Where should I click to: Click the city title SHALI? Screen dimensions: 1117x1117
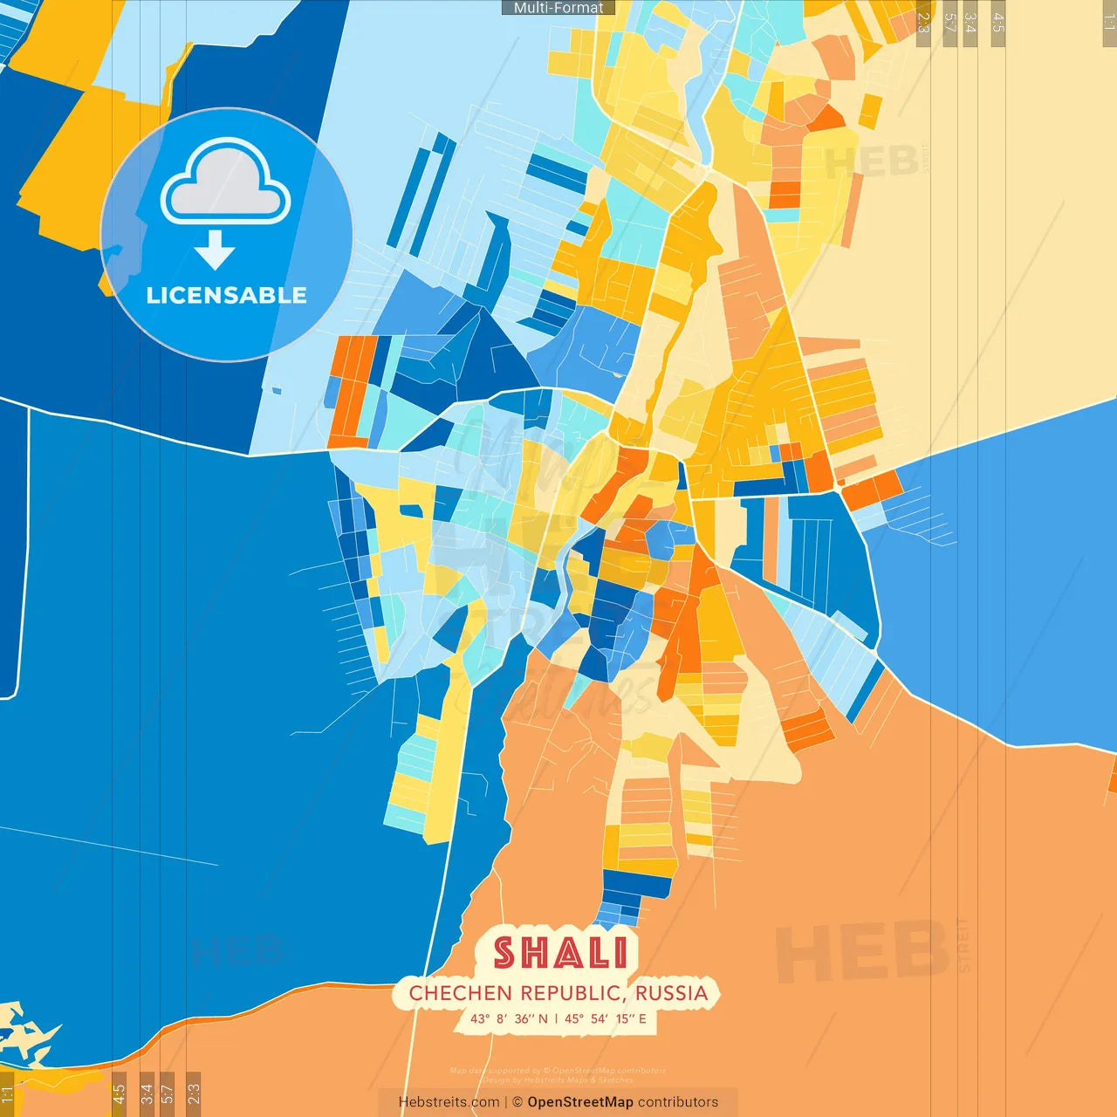click(x=559, y=953)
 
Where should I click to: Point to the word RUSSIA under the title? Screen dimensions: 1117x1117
click(x=671, y=993)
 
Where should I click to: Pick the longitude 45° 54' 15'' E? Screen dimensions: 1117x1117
click(x=606, y=1018)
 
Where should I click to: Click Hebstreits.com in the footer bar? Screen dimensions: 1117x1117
click(x=449, y=1102)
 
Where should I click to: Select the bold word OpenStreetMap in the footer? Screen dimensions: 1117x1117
click(x=580, y=1102)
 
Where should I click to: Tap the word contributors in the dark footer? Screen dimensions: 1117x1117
click(x=678, y=1102)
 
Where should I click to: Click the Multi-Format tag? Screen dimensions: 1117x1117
click(x=558, y=8)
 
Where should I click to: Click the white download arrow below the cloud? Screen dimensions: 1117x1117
click(x=215, y=250)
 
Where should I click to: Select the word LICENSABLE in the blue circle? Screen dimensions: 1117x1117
click(x=226, y=295)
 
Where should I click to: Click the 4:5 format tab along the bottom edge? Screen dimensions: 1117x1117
click(x=120, y=1093)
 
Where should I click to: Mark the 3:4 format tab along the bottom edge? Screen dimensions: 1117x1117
click(x=147, y=1093)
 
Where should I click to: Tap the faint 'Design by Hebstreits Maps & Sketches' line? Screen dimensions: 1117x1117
click(x=558, y=1080)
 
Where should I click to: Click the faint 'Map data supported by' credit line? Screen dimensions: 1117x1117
click(x=558, y=1071)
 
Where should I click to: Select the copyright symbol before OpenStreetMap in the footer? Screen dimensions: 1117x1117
click(x=517, y=1102)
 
